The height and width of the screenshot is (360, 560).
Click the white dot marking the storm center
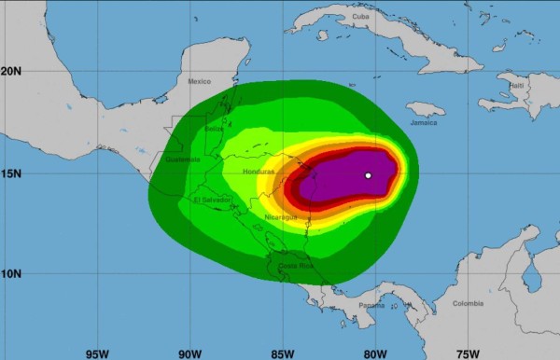click(x=369, y=175)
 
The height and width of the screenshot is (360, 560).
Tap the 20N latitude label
click(x=11, y=71)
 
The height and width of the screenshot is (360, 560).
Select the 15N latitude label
click(x=11, y=173)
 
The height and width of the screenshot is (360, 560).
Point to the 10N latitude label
click(x=11, y=273)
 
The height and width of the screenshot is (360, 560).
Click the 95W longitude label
click(x=97, y=353)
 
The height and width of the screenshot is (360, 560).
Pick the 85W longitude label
click(x=282, y=353)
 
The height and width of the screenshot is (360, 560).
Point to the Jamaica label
click(x=423, y=122)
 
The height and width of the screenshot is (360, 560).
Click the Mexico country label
click(x=200, y=81)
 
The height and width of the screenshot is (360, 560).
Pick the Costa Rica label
click(x=294, y=266)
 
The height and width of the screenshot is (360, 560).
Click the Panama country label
click(x=371, y=305)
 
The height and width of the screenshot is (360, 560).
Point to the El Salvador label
click(x=212, y=200)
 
